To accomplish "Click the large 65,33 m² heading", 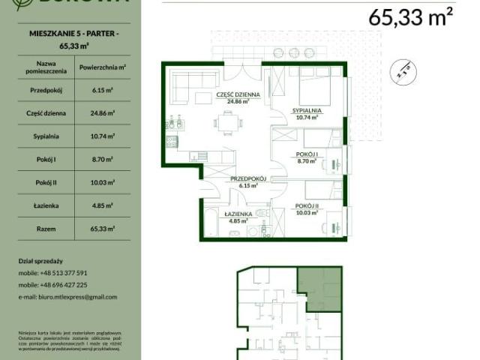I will pyautogui.click(x=412, y=16).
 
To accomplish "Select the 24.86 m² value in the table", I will pyautogui.click(x=102, y=113).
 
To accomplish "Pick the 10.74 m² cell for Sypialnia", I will pyautogui.click(x=102, y=136).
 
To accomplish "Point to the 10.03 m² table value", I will pyautogui.click(x=102, y=182).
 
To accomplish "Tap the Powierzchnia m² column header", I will pyautogui.click(x=102, y=67).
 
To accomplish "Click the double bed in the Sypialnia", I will pyautogui.click(x=318, y=90).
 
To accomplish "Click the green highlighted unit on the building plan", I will pyautogui.click(x=319, y=289).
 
